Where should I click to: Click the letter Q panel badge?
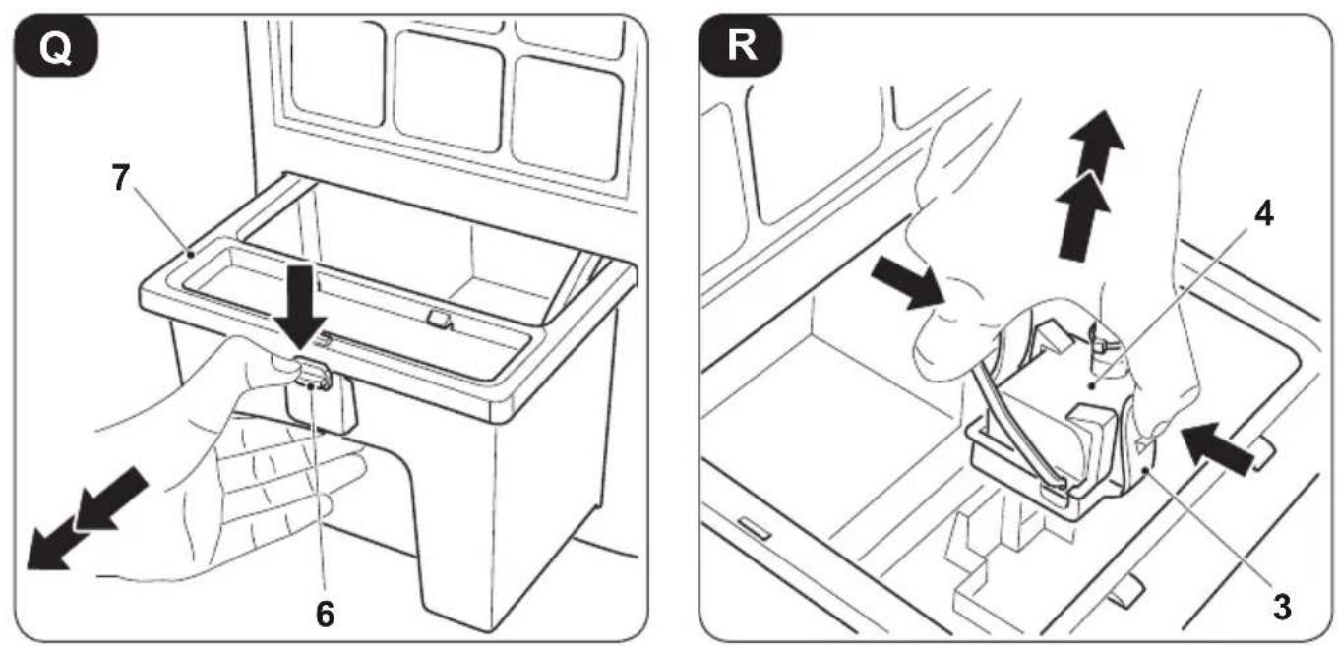(56, 46)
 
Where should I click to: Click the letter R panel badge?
(742, 46)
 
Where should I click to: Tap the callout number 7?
(121, 177)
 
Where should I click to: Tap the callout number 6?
(325, 614)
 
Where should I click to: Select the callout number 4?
(1263, 213)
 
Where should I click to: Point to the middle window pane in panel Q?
(450, 91)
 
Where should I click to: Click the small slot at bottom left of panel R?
(755, 528)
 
